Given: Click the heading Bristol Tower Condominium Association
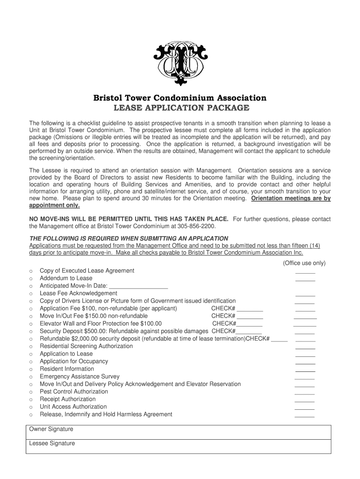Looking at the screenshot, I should (x=180, y=98).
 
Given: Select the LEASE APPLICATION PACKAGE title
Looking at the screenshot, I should (x=180, y=109).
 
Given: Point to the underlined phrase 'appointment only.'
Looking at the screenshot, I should (x=54, y=206).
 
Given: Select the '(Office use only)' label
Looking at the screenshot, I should (x=304, y=263).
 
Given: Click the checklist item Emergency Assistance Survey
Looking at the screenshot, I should (x=79, y=377).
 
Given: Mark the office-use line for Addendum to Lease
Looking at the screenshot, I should (x=305, y=279).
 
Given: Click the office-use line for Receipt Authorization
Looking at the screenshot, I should (x=305, y=400).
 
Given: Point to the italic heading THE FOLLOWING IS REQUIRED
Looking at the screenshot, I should (x=129, y=239).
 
